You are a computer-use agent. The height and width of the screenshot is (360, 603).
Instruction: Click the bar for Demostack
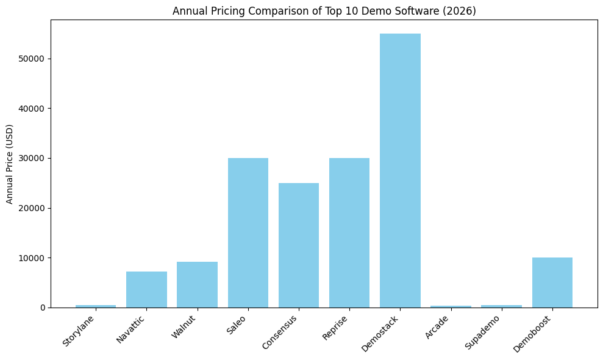point(400,170)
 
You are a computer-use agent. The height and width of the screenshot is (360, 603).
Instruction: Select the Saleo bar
point(248,232)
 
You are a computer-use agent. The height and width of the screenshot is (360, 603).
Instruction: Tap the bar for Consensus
point(299,245)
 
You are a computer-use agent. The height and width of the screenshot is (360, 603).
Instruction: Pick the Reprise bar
point(349,232)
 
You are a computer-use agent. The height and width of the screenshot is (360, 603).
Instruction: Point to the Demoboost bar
point(552,282)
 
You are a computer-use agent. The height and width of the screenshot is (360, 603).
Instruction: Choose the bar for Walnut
point(197,284)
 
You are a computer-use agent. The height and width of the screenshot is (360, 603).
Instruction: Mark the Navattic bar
point(146,289)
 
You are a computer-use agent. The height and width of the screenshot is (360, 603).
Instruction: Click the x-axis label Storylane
point(79,331)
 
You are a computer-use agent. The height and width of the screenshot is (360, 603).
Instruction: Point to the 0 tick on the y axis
point(43,308)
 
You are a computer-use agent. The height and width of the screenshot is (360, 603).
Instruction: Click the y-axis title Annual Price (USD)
point(10,164)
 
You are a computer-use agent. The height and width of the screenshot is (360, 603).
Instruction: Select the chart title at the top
point(323,11)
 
